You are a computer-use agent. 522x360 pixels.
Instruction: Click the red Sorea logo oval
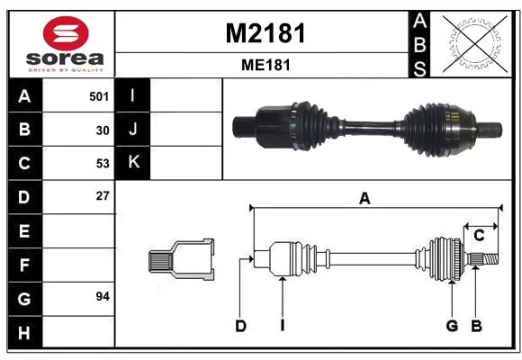coord(66,33)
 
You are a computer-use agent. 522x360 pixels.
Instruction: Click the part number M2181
coord(265,33)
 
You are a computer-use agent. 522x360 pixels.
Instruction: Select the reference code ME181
coord(265,65)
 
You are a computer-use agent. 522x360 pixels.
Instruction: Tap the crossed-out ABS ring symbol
coord(475,43)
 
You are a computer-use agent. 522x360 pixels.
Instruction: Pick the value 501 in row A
coord(99,96)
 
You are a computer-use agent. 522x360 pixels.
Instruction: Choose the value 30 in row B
coord(103,130)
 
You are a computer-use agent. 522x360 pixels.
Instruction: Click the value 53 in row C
coord(103,164)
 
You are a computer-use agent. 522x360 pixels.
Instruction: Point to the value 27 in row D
coord(103,196)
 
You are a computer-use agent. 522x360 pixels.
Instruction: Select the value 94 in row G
coord(103,296)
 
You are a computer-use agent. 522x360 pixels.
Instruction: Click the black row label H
coord(25,333)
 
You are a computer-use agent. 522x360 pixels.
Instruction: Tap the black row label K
coord(133,163)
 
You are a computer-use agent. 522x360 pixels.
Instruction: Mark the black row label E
coord(25,231)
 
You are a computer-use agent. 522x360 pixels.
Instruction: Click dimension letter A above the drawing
coord(364,199)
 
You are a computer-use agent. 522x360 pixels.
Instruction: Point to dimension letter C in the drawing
coord(479,236)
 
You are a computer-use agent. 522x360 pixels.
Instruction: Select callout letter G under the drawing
coord(452,326)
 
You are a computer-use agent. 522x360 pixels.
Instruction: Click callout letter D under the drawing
coord(240,326)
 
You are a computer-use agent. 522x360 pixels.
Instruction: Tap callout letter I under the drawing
coord(283,326)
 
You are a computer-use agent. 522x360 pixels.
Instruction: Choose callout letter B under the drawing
coord(476,326)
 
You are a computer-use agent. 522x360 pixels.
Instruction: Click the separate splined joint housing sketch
coord(182,259)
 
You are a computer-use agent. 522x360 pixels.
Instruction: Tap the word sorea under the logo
coord(65,58)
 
